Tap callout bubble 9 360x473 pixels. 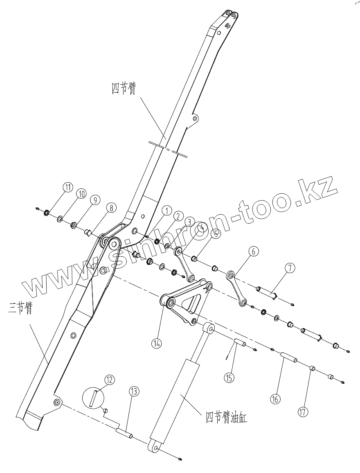(x=94, y=200)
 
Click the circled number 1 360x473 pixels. (x=166, y=210)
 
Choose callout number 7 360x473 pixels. (x=289, y=269)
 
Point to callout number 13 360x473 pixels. (x=134, y=392)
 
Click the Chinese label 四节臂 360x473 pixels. (x=124, y=88)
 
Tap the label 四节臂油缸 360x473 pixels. (x=226, y=418)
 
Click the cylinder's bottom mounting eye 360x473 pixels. (x=155, y=446)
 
